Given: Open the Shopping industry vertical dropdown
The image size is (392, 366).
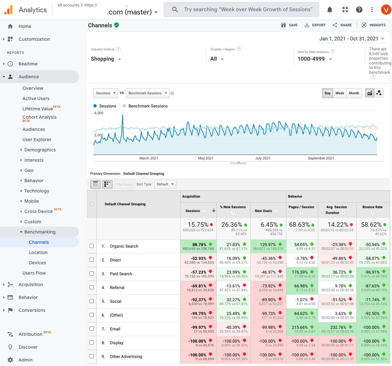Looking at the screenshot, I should (106, 59).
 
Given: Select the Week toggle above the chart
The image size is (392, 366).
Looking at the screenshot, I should (340, 93).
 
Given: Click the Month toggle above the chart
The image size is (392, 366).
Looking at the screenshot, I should (354, 93).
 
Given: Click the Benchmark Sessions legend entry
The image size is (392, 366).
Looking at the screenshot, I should (148, 106).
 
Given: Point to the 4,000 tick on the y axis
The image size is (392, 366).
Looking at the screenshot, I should (99, 113).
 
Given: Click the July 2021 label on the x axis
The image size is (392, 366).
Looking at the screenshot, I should (263, 158).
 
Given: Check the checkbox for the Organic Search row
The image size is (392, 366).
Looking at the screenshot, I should (92, 246).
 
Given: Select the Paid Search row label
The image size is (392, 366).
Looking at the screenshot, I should (121, 274).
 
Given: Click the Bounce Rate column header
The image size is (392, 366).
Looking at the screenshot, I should (372, 207).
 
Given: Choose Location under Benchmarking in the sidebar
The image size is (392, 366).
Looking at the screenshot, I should (38, 252).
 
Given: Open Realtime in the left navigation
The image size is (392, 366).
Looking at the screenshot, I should (28, 64).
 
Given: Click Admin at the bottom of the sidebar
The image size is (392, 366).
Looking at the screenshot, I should (25, 360).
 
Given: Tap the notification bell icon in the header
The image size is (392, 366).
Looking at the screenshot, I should (330, 10).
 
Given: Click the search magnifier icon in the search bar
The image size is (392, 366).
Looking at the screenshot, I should (175, 10).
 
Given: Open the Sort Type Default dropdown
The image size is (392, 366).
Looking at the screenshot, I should (165, 184).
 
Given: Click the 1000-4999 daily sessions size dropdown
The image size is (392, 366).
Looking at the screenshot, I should (314, 59).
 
